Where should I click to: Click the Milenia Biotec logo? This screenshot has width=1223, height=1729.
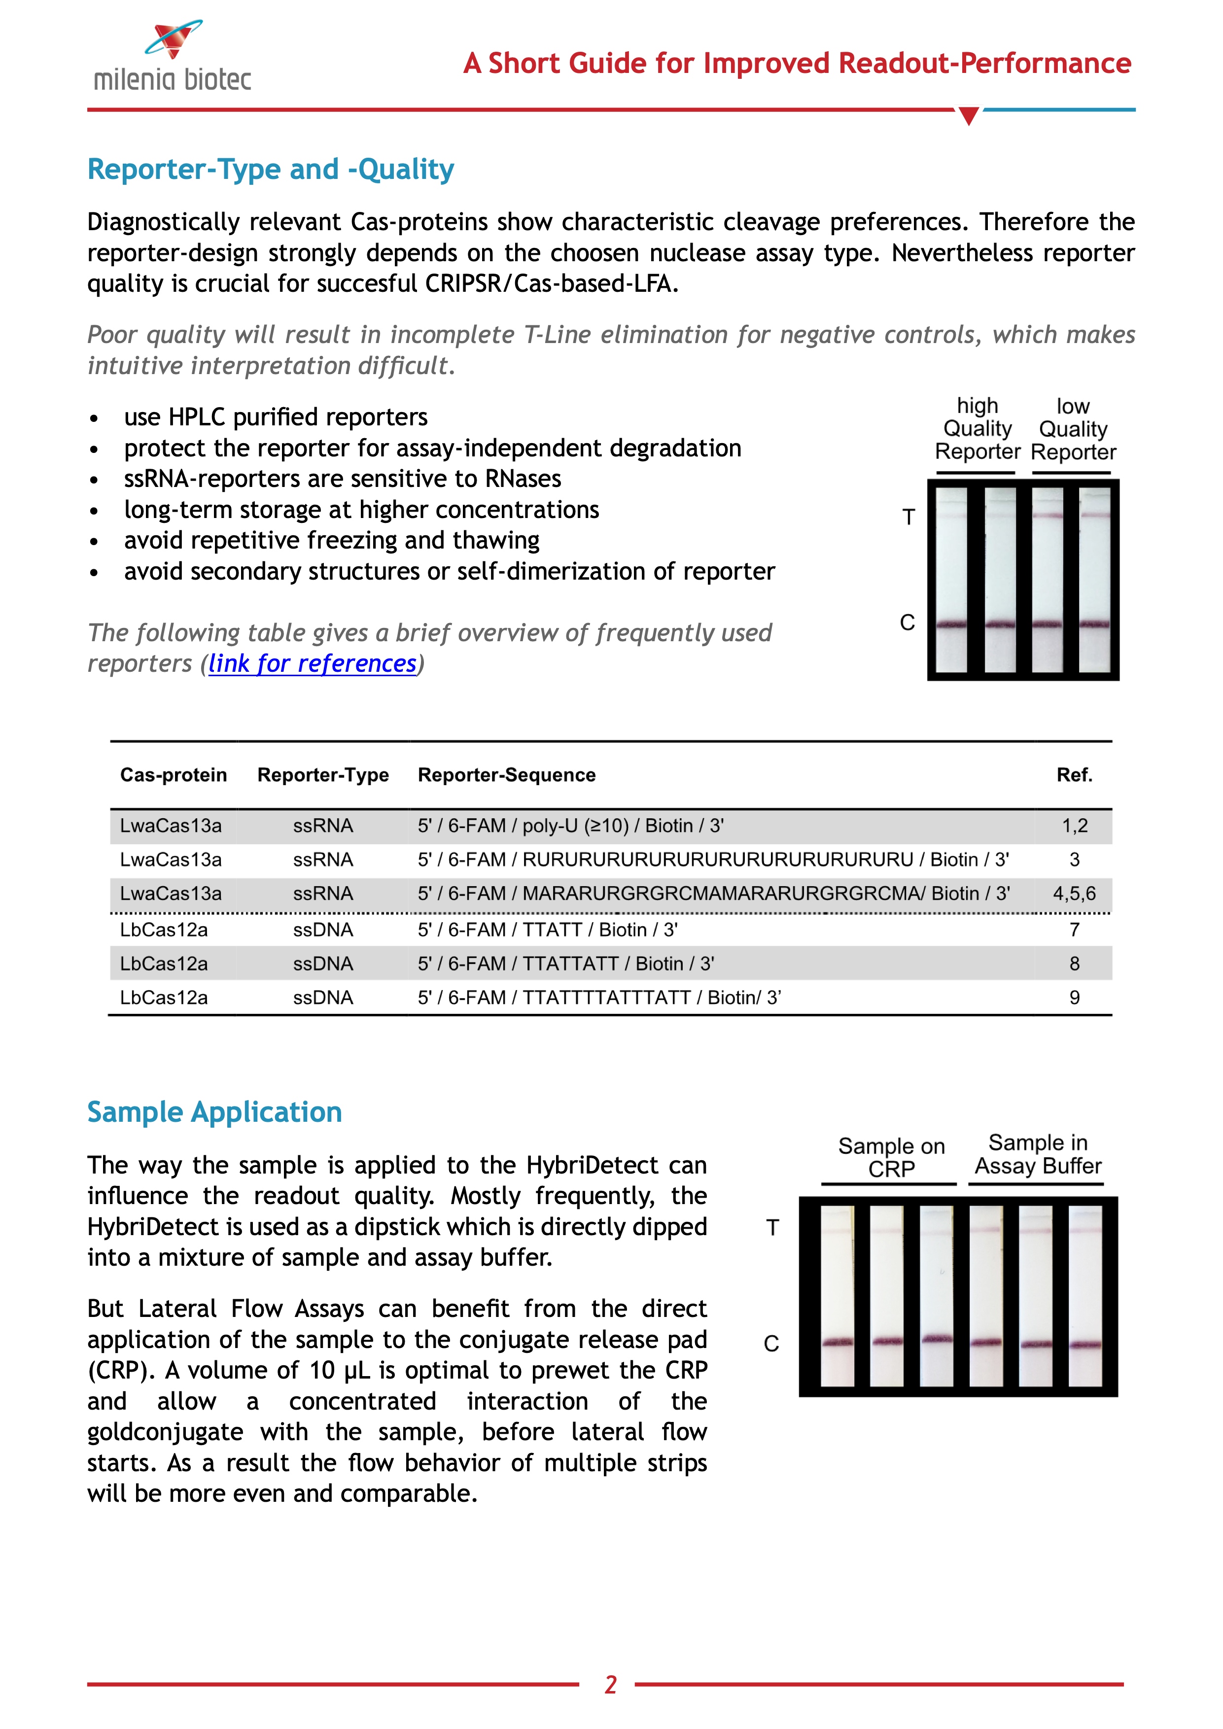173,57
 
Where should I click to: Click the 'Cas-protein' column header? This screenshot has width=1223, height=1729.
173,775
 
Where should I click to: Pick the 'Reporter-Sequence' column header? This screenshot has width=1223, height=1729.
506,775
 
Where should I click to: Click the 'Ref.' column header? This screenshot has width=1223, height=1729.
1074,775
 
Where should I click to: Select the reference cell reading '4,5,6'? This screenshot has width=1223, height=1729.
1074,894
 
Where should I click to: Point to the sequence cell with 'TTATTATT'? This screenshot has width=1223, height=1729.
565,964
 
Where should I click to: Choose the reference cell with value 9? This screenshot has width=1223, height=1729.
1075,998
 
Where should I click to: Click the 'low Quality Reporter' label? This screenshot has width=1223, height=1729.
1073,429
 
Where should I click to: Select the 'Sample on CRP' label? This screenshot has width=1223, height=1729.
891,1157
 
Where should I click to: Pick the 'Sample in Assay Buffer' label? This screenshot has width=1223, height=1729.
1038,1154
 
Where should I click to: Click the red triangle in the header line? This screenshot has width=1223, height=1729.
969,116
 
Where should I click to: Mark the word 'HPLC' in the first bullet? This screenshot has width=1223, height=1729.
197,417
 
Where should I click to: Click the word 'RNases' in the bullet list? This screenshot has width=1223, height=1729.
523,479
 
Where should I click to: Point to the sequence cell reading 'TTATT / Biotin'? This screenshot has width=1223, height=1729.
548,930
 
